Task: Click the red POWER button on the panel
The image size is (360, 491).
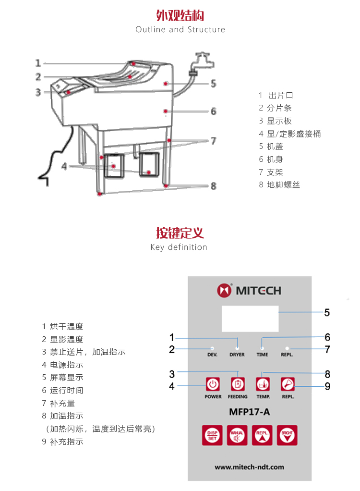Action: [213, 384]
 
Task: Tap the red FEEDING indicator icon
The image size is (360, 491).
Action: [238, 384]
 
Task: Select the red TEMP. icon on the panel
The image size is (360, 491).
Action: [262, 384]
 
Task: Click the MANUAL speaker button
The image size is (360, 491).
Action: [237, 435]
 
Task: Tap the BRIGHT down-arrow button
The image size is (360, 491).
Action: [287, 435]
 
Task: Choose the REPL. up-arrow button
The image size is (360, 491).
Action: [262, 435]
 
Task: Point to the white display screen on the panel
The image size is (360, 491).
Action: [250, 318]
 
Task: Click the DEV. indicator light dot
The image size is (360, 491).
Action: [212, 348]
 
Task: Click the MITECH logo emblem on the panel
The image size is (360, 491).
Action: [224, 290]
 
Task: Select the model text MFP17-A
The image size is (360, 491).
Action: [250, 411]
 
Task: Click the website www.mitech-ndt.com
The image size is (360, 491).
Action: [249, 467]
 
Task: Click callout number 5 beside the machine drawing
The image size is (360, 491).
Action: [213, 84]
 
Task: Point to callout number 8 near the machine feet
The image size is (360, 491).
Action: [214, 186]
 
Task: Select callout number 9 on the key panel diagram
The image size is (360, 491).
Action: [327, 386]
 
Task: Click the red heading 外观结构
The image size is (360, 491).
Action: [180, 15]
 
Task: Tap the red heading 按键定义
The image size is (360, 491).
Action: [180, 233]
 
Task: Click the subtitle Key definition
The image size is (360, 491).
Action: [179, 247]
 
